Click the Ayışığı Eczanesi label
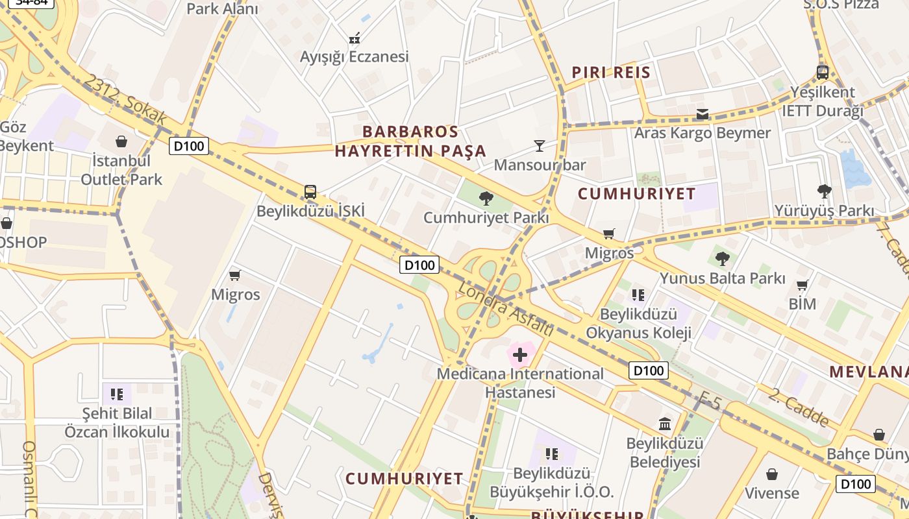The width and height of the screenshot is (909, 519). (x=354, y=56)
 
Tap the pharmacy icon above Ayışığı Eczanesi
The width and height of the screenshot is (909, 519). (x=355, y=39)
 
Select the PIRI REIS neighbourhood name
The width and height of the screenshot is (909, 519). (x=610, y=73)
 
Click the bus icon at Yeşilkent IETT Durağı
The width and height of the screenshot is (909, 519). (x=822, y=72)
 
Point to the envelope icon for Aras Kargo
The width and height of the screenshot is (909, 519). (x=703, y=115)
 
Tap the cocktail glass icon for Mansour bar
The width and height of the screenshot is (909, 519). (x=540, y=145)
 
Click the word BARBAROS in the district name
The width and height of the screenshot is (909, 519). (x=410, y=132)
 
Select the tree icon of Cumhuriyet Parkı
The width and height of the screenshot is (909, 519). (x=486, y=199)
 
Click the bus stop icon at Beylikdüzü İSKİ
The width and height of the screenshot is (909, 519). (x=310, y=192)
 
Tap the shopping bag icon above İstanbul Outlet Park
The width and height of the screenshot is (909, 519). (x=121, y=141)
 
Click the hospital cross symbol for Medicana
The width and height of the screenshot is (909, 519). (x=520, y=355)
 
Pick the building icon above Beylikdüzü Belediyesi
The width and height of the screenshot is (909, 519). (x=665, y=424)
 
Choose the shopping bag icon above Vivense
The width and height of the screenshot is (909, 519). (x=772, y=474)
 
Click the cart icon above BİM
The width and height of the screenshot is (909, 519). (x=803, y=285)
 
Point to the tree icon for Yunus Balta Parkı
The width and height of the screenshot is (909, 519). (x=722, y=259)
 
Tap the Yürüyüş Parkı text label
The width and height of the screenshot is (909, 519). (x=823, y=211)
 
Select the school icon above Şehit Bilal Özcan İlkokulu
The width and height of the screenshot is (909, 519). (x=117, y=394)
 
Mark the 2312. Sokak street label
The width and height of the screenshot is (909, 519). (x=125, y=101)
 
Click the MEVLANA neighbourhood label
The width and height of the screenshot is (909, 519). (x=869, y=372)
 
